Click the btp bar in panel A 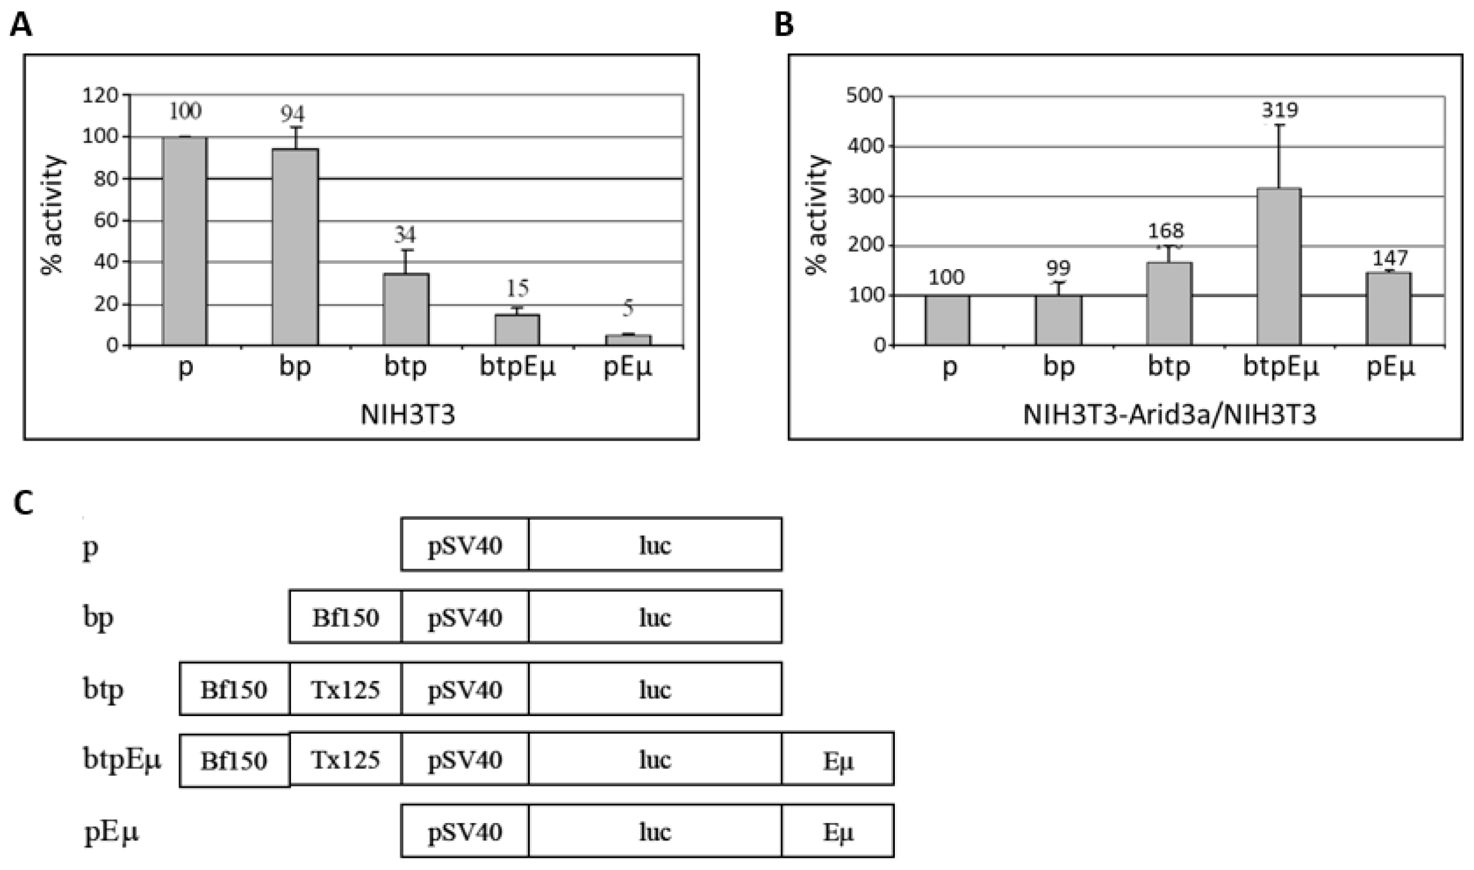(406, 309)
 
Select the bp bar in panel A (295, 247)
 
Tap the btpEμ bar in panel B (1279, 267)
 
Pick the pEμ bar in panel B (1389, 308)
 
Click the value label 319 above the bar (1279, 110)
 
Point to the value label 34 (405, 235)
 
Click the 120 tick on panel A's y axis (101, 95)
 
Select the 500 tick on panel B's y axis (864, 96)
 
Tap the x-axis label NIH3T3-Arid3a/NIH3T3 (1169, 415)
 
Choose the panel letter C (23, 503)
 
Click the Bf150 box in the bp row (345, 617)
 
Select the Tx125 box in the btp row (345, 689)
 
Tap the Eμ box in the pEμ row (837, 831)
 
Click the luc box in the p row (655, 545)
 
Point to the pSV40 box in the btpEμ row (464, 760)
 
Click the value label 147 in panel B (1390, 257)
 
